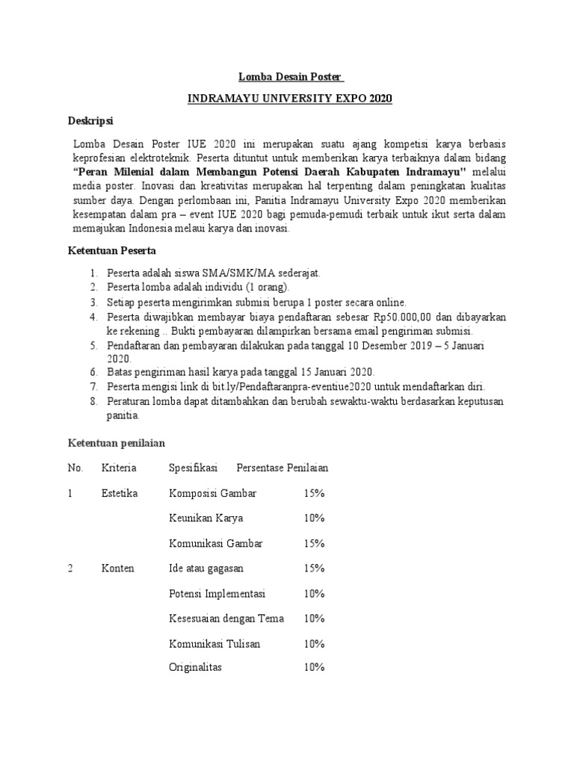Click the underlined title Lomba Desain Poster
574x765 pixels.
click(291, 77)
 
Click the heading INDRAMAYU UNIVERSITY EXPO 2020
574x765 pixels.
click(290, 99)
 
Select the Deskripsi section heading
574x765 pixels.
click(91, 120)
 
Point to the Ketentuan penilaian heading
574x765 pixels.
click(116, 444)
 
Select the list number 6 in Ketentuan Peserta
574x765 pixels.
click(94, 372)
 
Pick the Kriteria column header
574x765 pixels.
click(120, 468)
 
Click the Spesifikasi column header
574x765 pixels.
click(193, 468)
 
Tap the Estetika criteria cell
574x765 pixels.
click(120, 493)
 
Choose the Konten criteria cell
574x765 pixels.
click(118, 569)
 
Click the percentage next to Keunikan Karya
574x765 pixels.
click(314, 518)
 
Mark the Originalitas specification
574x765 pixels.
click(196, 667)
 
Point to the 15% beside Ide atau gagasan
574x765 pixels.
click(314, 569)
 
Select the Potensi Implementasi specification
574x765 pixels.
click(217, 593)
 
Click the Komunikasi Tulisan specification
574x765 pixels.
click(215, 642)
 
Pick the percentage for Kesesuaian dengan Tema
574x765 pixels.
click(314, 618)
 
